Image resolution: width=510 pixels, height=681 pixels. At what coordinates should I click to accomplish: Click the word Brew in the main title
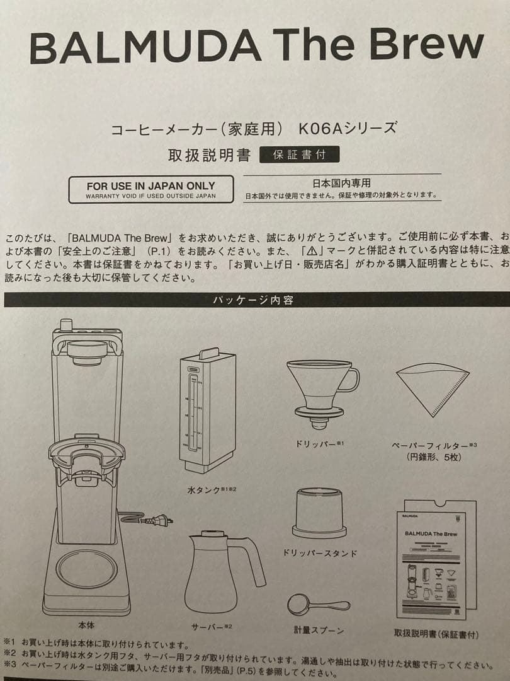click(427, 45)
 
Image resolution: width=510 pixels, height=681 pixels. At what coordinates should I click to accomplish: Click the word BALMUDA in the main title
click(145, 47)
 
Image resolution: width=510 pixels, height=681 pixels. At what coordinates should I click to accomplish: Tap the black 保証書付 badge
click(299, 154)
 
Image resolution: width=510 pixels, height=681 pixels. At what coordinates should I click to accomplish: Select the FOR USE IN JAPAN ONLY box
click(150, 189)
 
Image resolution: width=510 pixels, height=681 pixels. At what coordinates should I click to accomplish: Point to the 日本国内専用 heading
click(342, 183)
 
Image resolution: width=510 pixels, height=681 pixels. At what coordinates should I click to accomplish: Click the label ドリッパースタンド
click(320, 553)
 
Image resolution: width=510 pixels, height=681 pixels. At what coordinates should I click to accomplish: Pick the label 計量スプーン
click(319, 629)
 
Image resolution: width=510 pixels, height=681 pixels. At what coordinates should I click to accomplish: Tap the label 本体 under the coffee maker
click(86, 626)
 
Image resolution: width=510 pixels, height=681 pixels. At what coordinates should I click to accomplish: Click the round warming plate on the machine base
click(86, 568)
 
